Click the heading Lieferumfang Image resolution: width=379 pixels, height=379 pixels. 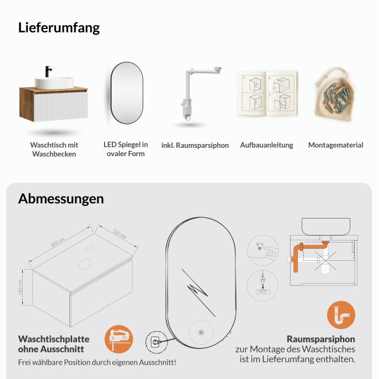[59, 28]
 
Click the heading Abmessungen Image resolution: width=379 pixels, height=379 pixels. [61, 198]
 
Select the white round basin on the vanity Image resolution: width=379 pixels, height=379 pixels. [52, 83]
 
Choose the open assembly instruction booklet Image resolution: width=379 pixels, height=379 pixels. [267, 94]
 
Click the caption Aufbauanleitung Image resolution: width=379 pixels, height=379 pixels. [267, 145]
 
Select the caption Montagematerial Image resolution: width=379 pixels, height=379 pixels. [335, 145]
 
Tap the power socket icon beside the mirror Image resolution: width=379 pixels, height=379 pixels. [155, 342]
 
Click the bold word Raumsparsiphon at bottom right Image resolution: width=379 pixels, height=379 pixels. [321, 338]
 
